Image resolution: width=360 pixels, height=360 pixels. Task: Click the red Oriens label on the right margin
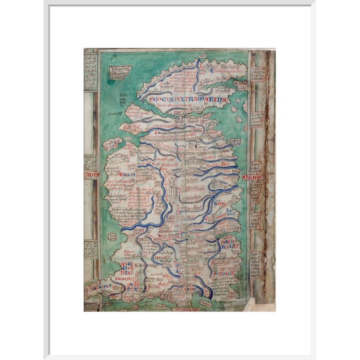pyautogui.click(x=252, y=177)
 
